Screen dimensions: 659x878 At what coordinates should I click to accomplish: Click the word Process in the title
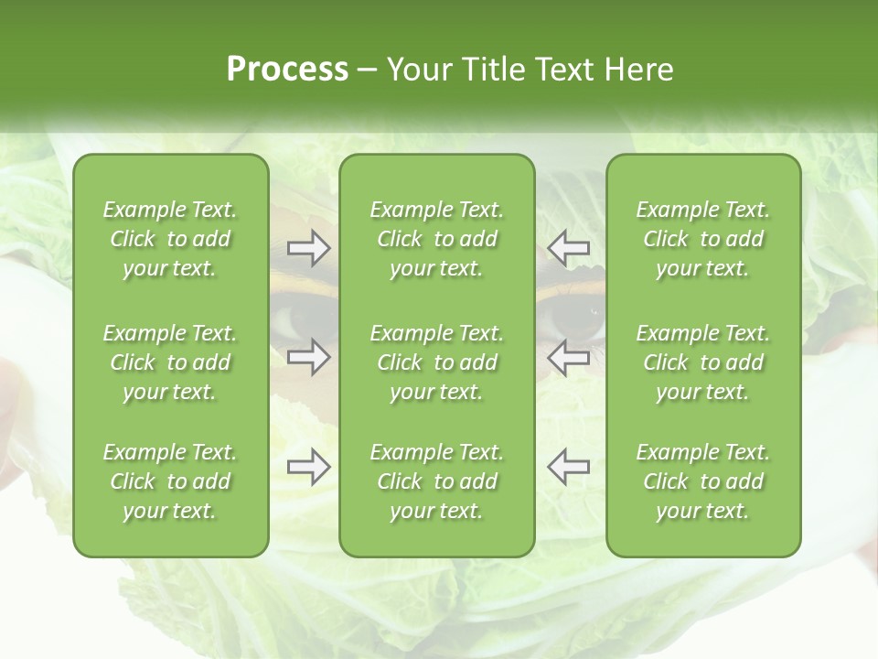pos(287,70)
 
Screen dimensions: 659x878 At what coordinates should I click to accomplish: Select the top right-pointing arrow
pos(308,247)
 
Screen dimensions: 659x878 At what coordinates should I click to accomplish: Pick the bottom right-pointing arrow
pos(308,467)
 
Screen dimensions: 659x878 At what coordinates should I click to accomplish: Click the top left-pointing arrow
pos(568,247)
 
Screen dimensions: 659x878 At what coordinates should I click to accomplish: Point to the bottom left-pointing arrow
pos(568,467)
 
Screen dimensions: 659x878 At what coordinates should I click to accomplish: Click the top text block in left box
pos(170,239)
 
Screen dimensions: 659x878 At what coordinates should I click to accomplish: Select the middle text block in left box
pos(170,362)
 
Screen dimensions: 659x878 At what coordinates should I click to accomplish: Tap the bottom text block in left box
pos(170,481)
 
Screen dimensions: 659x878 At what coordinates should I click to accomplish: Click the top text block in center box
pos(436,239)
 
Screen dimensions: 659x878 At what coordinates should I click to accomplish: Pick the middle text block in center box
pos(436,362)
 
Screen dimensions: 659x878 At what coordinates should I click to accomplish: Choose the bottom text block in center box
pos(436,481)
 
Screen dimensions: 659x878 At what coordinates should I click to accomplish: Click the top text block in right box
pos(702,239)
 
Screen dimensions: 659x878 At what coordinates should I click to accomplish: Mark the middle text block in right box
pos(702,362)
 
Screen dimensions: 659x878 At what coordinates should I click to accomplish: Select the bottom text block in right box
pos(702,481)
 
